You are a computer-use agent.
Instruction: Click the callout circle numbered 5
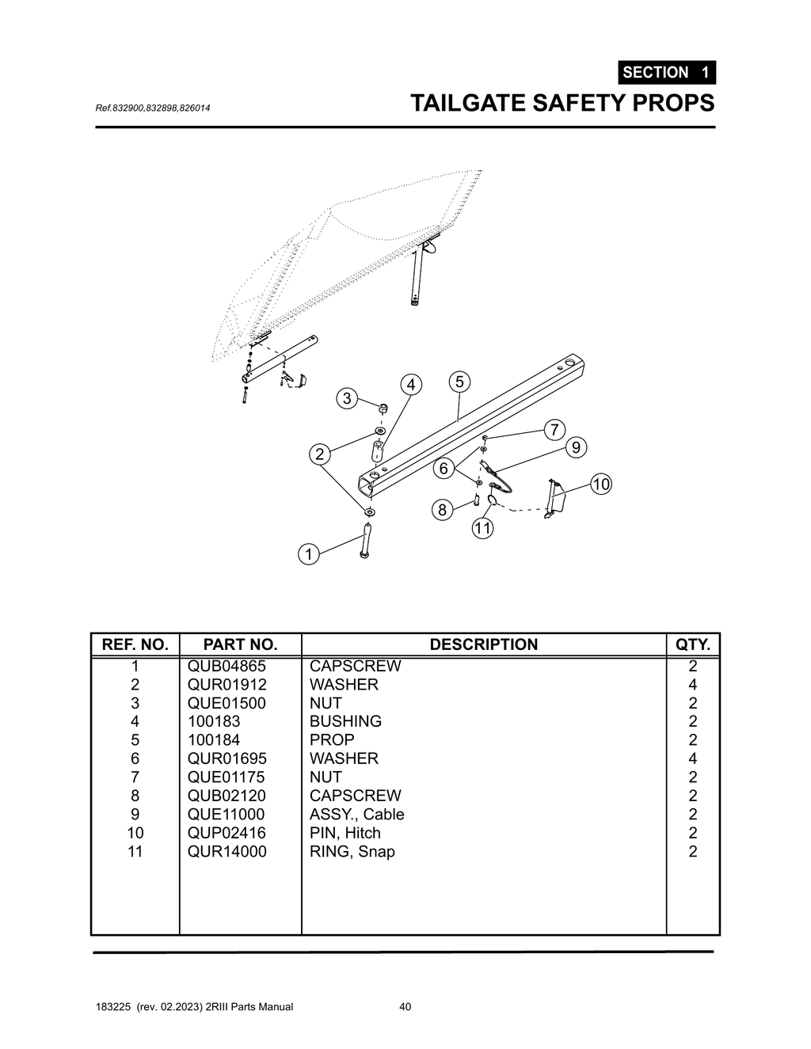click(459, 382)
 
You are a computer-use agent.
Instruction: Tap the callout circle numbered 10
click(601, 484)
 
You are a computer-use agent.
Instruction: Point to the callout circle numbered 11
click(483, 528)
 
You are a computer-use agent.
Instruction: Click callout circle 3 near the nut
click(347, 397)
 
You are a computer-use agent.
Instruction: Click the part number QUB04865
click(227, 666)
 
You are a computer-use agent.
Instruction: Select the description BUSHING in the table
click(345, 721)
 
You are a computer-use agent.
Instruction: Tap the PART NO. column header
click(240, 644)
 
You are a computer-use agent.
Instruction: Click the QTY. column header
click(692, 644)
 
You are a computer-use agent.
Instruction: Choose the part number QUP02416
click(227, 833)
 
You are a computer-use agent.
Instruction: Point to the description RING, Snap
click(352, 852)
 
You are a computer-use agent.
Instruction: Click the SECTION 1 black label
click(666, 72)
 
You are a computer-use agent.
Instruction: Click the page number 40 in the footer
click(405, 1007)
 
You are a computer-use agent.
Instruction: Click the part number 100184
click(214, 740)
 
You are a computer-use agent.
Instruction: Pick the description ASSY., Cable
click(356, 815)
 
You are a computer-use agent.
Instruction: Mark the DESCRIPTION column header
click(483, 644)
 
